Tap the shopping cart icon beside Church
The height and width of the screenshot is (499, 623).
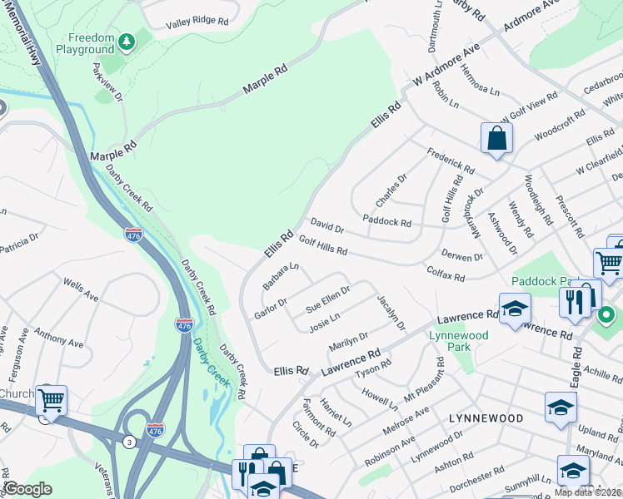coord(51,401)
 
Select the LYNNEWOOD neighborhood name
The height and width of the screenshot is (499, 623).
coord(486,417)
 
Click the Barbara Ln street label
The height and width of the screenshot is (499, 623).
coord(281,276)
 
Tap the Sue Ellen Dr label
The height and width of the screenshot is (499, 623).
coord(327,296)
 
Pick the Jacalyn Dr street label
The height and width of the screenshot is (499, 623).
coord(391,313)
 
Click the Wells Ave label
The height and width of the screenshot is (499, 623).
coord(81,291)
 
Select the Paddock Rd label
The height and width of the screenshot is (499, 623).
coord(387,222)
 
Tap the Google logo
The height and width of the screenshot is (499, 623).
coord(27,489)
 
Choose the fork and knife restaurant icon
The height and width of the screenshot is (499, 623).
coord(574,302)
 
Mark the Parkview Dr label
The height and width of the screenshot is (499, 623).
coord(107,82)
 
